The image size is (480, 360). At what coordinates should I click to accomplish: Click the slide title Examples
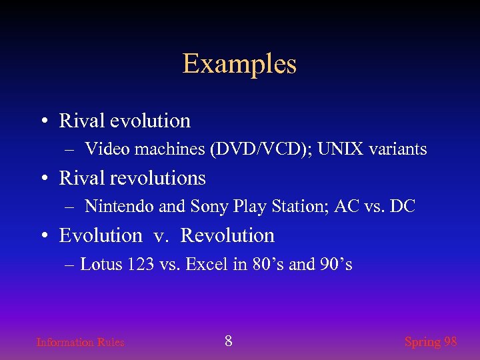coord(239,64)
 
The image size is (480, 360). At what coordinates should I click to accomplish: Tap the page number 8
coord(229,341)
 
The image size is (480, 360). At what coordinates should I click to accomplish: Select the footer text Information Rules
coord(80,342)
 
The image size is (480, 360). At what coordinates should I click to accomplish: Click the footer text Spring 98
coord(431,341)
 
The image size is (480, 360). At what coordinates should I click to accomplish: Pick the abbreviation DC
coord(403,207)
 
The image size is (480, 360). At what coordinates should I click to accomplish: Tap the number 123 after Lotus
coord(141,264)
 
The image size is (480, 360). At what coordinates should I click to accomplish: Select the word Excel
coord(207,264)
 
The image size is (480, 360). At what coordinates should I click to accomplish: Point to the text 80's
coord(268,264)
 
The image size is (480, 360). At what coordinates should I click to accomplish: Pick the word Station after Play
coord(288,207)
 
